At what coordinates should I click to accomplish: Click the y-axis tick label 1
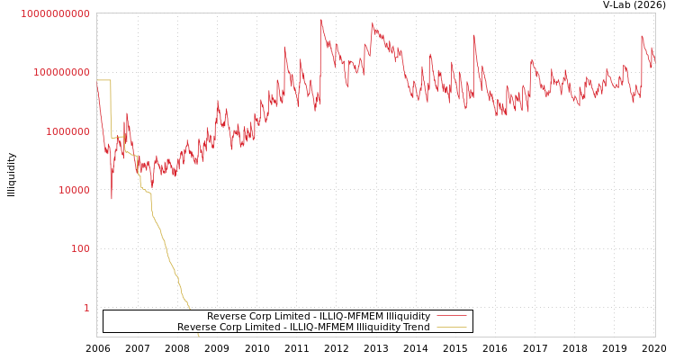point(86,308)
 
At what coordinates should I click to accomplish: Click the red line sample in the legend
point(452,317)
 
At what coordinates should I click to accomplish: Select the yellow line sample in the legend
point(452,328)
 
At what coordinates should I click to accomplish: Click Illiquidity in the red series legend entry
point(408,317)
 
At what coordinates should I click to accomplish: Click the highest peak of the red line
point(321,20)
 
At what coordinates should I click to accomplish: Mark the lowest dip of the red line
point(112,199)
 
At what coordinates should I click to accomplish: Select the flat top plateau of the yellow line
point(103,80)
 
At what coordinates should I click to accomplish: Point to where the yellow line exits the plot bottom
point(198,335)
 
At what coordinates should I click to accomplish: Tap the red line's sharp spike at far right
point(642,37)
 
